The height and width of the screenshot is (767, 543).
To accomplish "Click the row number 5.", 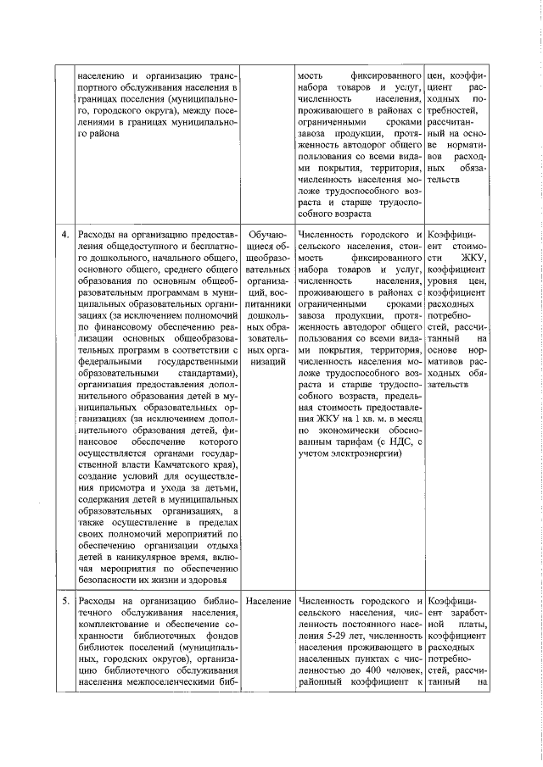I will (x=63, y=601).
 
